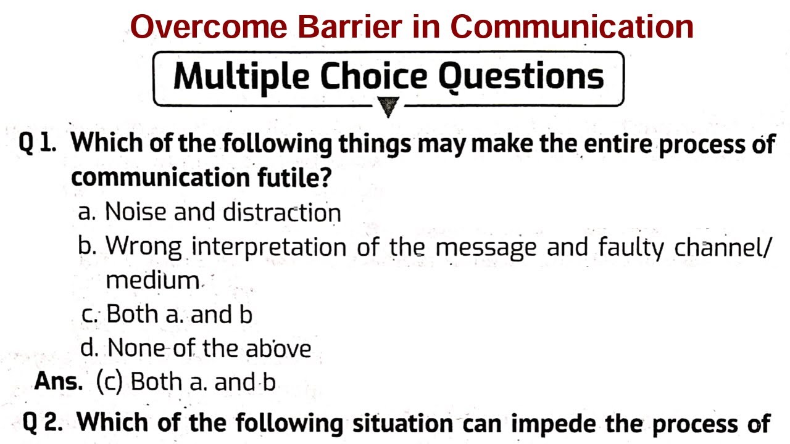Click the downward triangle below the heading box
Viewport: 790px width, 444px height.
[388, 109]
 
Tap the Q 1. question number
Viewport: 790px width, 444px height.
[38, 143]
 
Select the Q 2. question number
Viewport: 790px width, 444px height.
[41, 423]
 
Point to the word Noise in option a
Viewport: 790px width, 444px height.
[136, 212]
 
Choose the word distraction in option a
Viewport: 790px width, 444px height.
[281, 212]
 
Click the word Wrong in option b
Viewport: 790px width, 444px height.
[143, 247]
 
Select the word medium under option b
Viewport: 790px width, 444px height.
[152, 281]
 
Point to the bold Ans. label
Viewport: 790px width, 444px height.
[59, 382]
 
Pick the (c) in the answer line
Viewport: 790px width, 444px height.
[110, 382]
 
